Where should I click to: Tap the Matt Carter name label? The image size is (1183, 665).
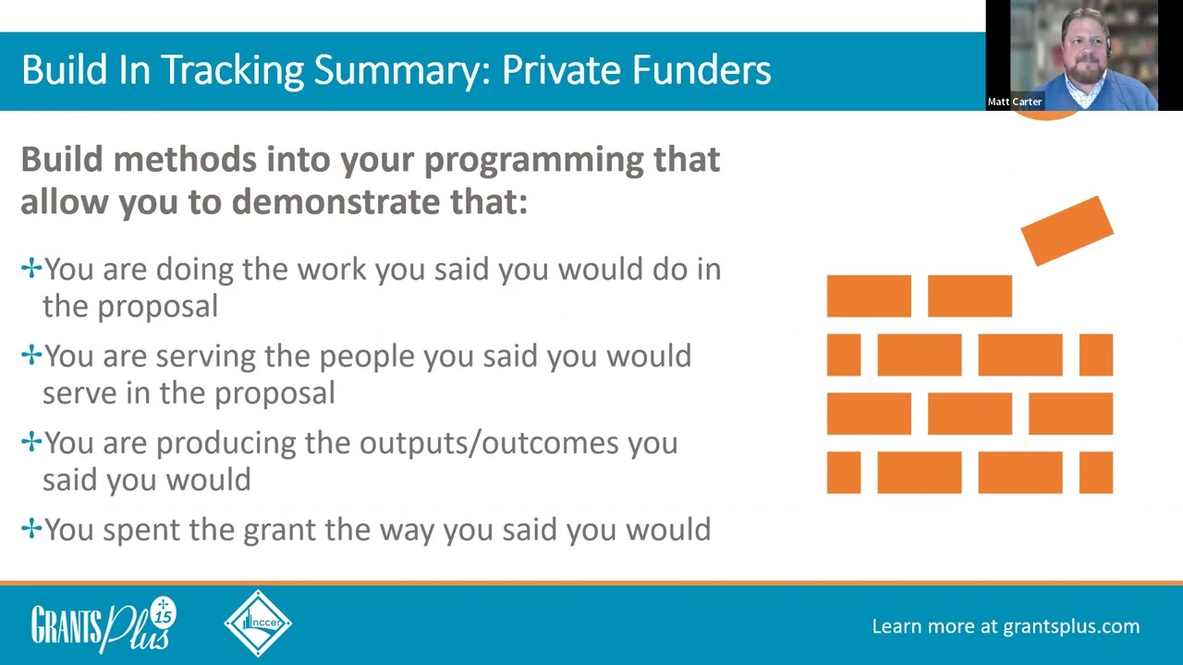pos(1015,102)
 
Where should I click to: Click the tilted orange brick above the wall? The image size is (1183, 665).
pos(1067,231)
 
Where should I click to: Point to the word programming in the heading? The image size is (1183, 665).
pos(534,161)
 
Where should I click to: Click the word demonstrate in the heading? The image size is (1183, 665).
pos(335,201)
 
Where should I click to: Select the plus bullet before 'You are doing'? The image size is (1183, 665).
pos(31,268)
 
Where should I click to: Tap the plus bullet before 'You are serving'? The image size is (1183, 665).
pos(31,355)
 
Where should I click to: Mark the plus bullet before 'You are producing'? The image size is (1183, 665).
pos(31,441)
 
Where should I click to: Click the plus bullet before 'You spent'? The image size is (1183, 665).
pos(31,528)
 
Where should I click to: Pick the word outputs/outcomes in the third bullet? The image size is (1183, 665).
pos(489,442)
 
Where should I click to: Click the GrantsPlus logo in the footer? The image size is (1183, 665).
pos(104,625)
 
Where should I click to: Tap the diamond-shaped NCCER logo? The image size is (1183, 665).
pos(258,623)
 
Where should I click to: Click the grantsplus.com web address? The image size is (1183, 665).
pos(1071,627)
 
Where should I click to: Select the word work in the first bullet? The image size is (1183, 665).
pos(332,269)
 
